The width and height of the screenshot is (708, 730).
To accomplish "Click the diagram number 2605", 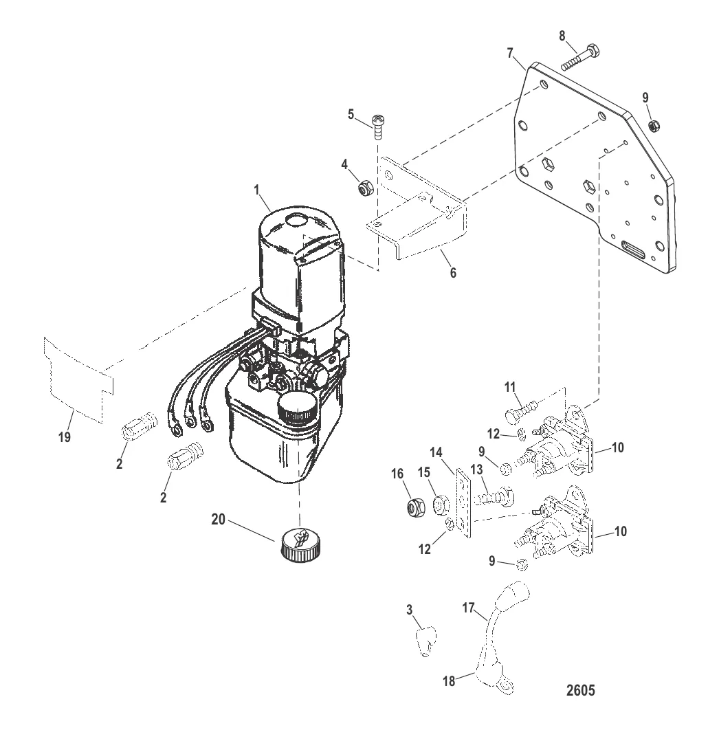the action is [x=580, y=690].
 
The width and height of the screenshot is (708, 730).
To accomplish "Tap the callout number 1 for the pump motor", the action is [x=256, y=190].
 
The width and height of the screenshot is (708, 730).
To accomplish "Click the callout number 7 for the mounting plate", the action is [x=510, y=53].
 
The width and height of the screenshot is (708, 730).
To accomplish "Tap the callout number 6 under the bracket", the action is [x=453, y=272].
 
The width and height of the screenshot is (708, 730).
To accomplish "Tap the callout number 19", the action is [x=64, y=436].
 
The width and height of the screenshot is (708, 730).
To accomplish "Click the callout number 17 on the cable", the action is [x=468, y=608].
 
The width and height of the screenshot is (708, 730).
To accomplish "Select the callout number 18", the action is [x=449, y=681].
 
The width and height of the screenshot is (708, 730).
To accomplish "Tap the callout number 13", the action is [x=476, y=469].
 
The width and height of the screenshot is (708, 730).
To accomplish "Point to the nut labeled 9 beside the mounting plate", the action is [x=652, y=125].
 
